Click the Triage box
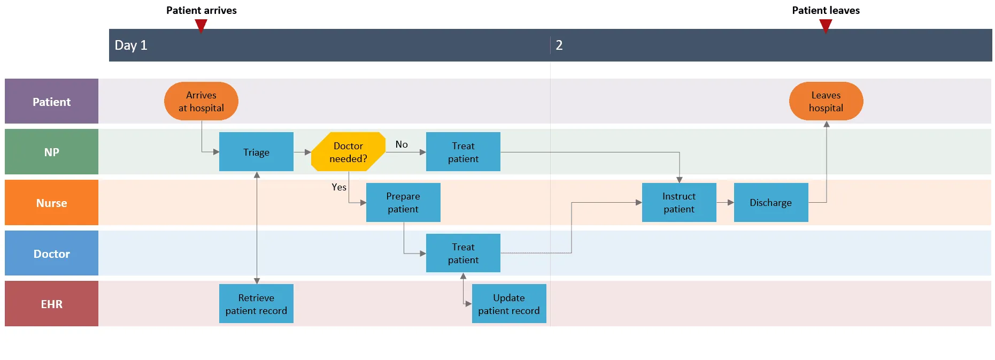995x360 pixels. click(256, 152)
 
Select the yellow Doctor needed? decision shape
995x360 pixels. click(348, 152)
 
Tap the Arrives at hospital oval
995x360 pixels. click(201, 101)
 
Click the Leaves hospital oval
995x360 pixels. click(826, 101)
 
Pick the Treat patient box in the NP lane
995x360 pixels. click(463, 152)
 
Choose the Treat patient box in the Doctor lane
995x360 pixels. click(463, 253)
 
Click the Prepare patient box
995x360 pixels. click(403, 202)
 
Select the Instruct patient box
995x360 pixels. click(679, 202)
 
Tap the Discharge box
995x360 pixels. click(770, 202)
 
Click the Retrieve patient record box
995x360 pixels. click(256, 304)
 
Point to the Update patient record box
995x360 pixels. click(508, 304)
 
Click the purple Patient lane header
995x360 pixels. click(51, 102)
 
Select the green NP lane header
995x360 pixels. click(51, 152)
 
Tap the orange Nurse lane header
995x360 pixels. click(51, 203)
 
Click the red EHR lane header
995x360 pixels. click(51, 304)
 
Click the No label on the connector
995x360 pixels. click(402, 144)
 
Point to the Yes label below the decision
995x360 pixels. click(339, 187)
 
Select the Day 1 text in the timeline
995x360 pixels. click(131, 45)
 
